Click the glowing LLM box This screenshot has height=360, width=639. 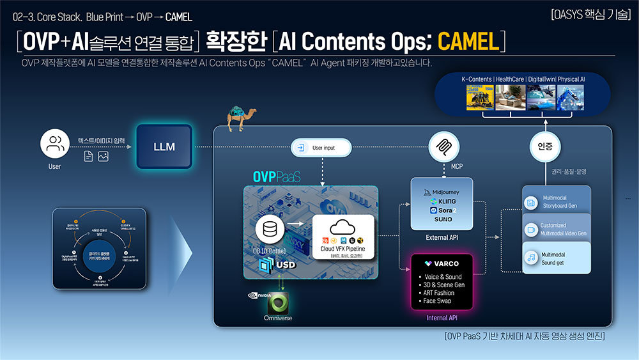click(164, 146)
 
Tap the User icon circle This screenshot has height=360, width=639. click(54, 145)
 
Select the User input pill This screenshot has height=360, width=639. click(321, 148)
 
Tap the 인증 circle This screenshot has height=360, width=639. click(541, 146)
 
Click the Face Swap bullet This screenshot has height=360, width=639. click(437, 301)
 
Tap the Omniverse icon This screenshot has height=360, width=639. click(278, 302)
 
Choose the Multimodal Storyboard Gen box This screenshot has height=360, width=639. click(556, 202)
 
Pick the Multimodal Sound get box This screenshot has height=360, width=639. click(556, 258)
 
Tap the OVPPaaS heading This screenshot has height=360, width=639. click(275, 176)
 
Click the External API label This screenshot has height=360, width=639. click(441, 238)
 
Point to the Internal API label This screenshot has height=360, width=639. click(442, 317)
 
